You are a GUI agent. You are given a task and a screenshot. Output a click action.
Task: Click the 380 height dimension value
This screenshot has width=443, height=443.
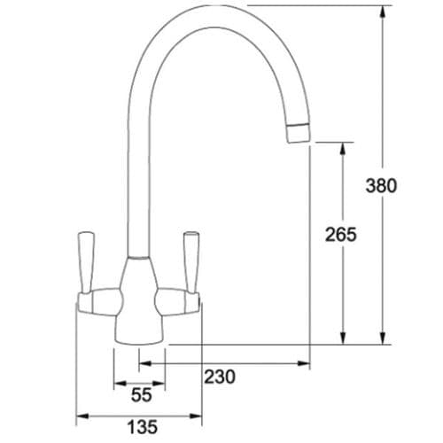(381, 186)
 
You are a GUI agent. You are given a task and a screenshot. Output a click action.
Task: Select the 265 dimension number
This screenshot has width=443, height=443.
(341, 235)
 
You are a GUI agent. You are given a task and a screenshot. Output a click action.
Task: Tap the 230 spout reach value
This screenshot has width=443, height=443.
(219, 377)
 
